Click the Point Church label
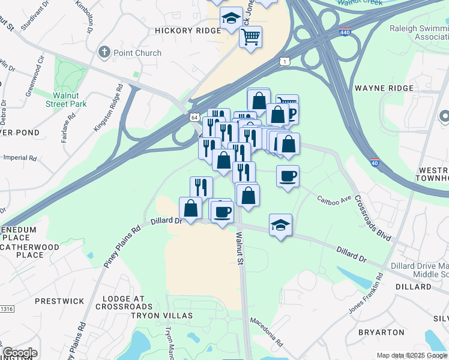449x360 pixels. pos(137,53)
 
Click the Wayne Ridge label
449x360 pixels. pos(384,88)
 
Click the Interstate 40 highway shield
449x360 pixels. pos(375,163)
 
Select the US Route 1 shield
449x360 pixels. pos(285,61)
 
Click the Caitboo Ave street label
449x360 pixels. pos(334,199)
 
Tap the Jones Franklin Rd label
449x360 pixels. pos(366,296)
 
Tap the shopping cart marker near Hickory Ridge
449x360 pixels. pos(250,37)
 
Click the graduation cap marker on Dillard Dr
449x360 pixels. pos(280,225)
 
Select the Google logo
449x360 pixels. pos(20,353)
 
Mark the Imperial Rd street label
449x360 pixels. pos(20,158)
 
